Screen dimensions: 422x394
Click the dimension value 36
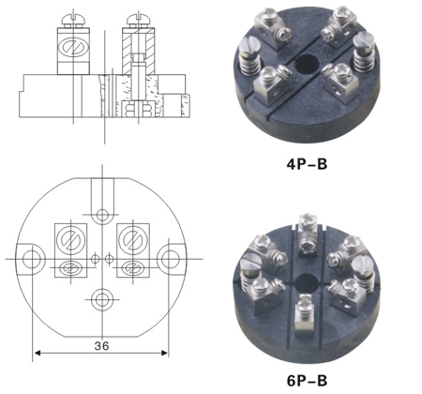(x=101, y=345)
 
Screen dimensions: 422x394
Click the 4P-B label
(x=307, y=164)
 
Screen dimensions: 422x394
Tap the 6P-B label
(x=307, y=381)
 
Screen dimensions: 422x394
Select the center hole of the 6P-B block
(x=307, y=282)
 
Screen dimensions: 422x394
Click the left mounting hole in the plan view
(x=31, y=259)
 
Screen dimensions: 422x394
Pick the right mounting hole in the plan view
(x=171, y=259)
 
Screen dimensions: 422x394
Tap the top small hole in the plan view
(x=102, y=215)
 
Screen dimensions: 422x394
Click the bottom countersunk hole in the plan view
(x=102, y=299)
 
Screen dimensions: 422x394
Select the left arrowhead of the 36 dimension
(x=38, y=353)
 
